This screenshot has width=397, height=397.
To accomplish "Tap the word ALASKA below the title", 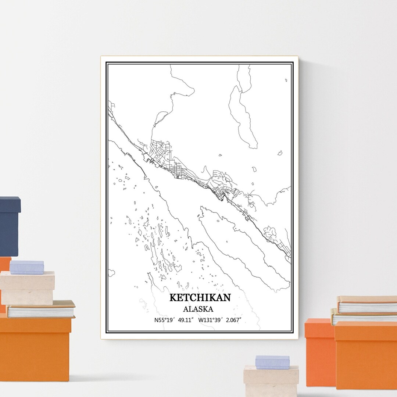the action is pos(198,309).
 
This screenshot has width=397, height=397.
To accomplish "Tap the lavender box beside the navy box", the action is pos(26,267).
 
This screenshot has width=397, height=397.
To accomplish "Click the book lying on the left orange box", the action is pos(40,309).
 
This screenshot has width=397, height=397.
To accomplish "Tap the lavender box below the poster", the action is pos(272,362).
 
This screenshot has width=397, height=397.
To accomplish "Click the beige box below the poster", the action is pos(271,380).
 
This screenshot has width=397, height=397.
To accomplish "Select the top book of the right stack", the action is pos(367,304).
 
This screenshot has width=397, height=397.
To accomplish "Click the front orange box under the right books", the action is pos(366,355).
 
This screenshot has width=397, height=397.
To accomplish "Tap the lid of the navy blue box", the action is pos(10,204).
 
